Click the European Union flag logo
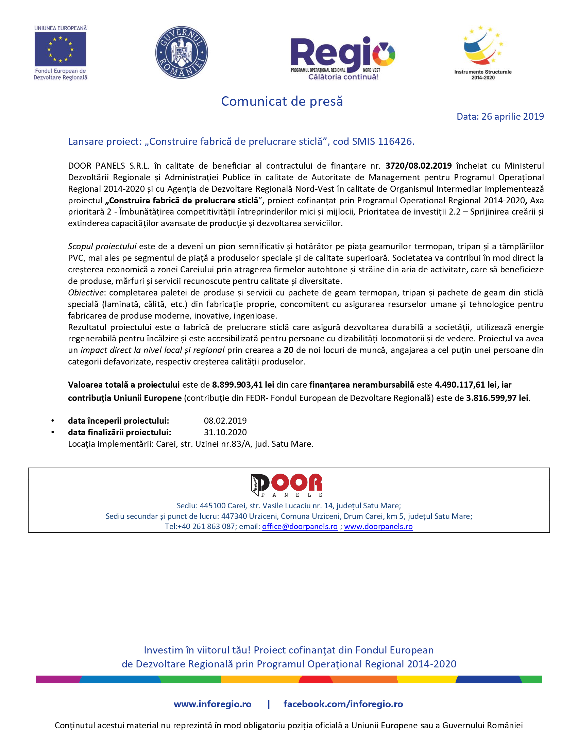coord(60,49)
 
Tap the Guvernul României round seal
coord(182,52)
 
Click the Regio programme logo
coord(342,57)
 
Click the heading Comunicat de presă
coord(282,101)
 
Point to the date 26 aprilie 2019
coord(512,116)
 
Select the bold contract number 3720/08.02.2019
coord(419,166)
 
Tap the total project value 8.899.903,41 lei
coord(243,385)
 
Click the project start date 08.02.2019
coord(225,421)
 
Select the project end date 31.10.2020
coord(225,432)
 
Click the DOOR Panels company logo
coord(287,485)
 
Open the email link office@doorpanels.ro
coord(300,526)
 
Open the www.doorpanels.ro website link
coord(378,526)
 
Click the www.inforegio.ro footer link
coord(212,704)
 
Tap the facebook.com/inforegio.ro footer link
coord(343,704)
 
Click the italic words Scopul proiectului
coord(102,246)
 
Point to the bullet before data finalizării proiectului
coord(53,432)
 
